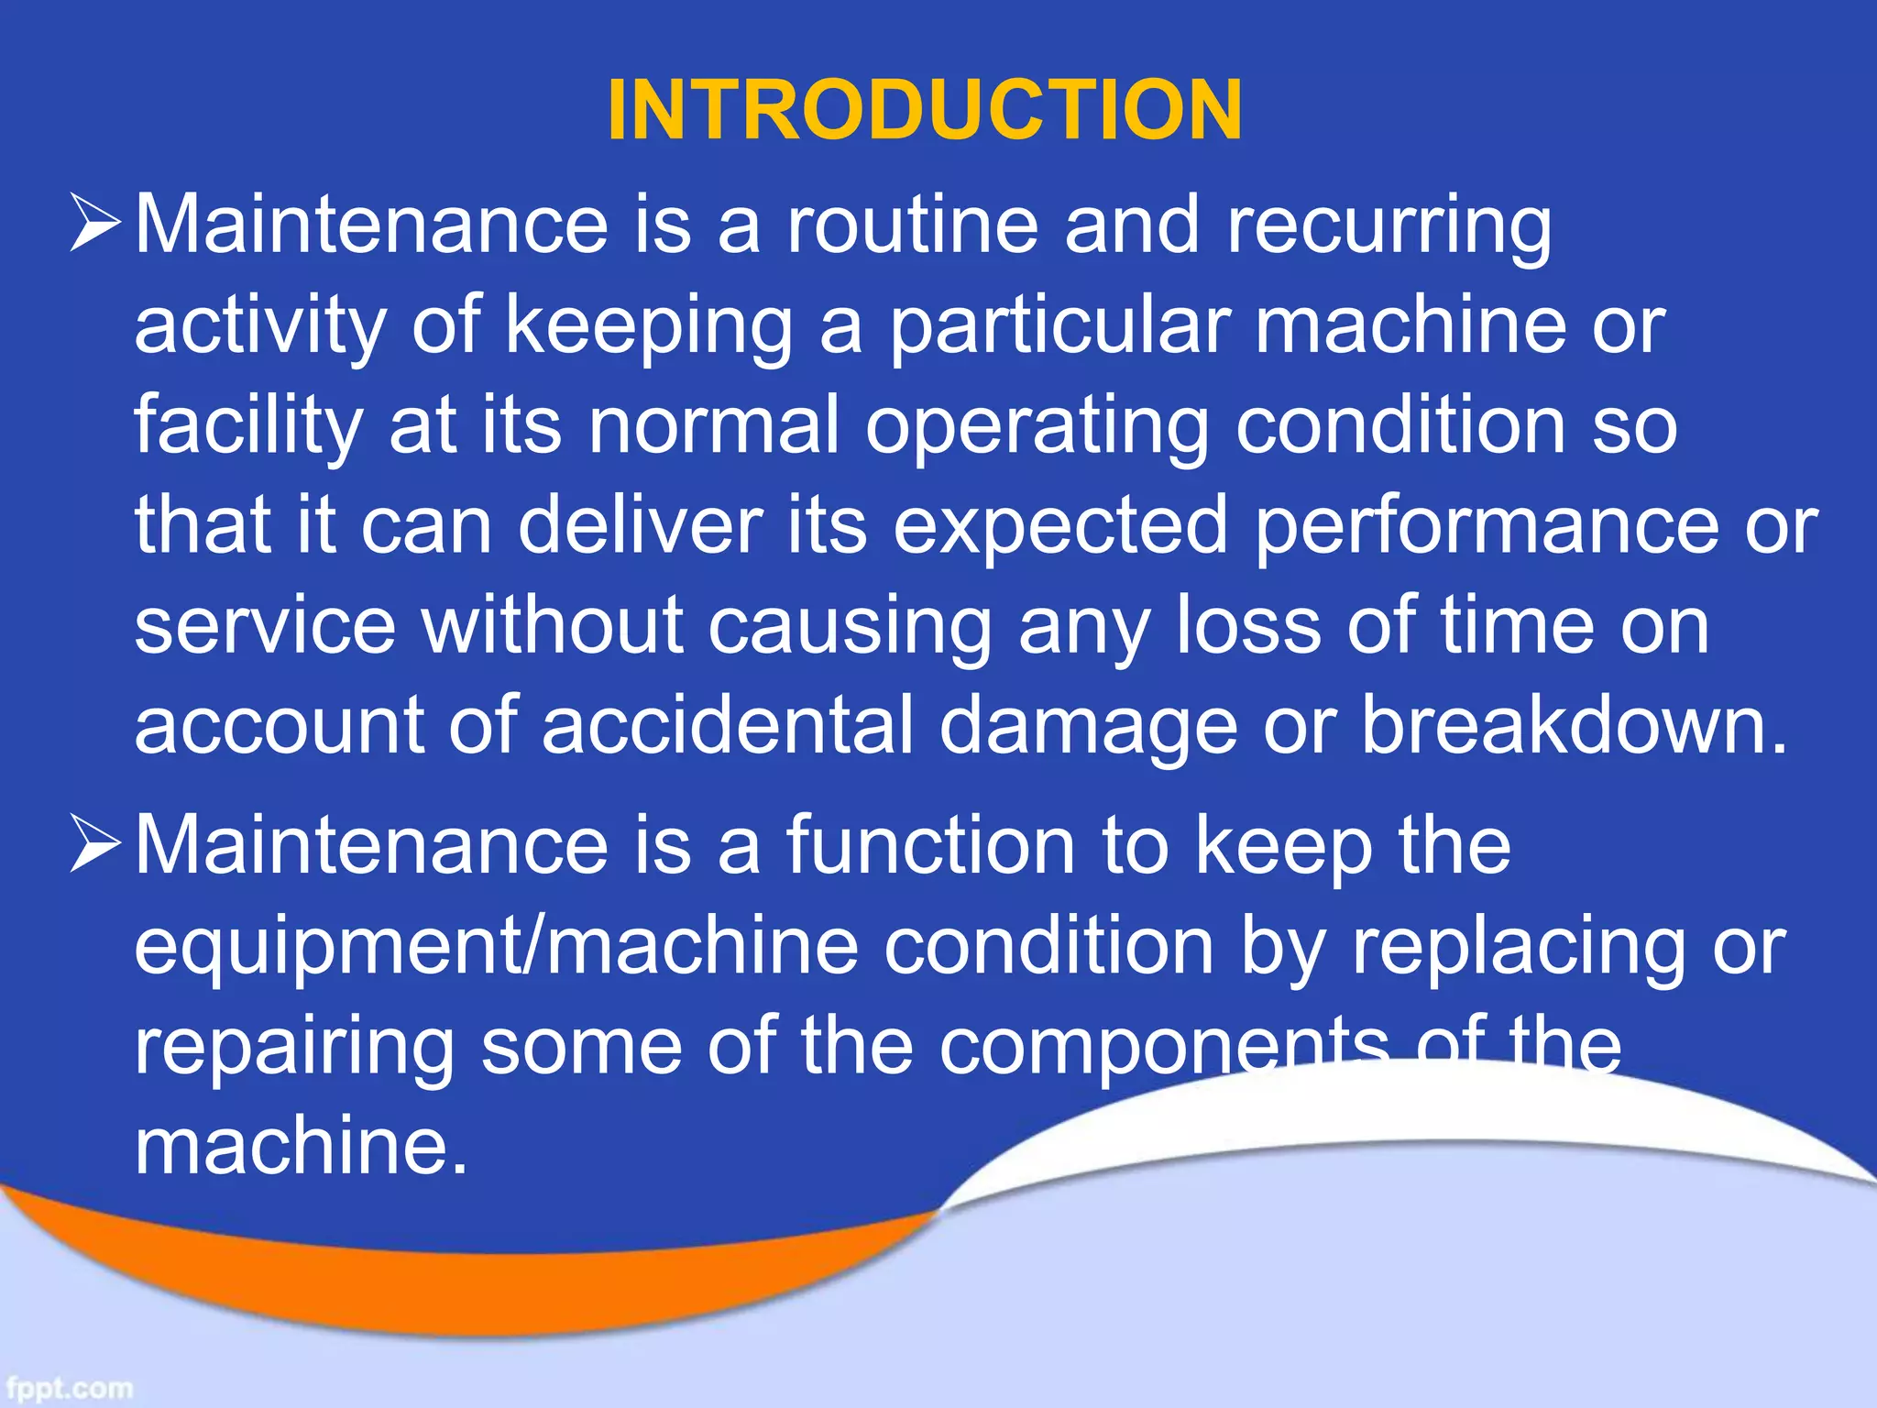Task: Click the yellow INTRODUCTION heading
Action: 925,111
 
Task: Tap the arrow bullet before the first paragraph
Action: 94,225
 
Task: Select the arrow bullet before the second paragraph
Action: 94,844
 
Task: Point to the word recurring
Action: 1389,227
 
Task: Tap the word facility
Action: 248,427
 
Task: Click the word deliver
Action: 641,526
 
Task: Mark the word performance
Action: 1486,528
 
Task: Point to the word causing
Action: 850,629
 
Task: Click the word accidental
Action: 728,726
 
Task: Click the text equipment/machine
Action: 496,948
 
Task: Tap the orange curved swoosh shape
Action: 458,1283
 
